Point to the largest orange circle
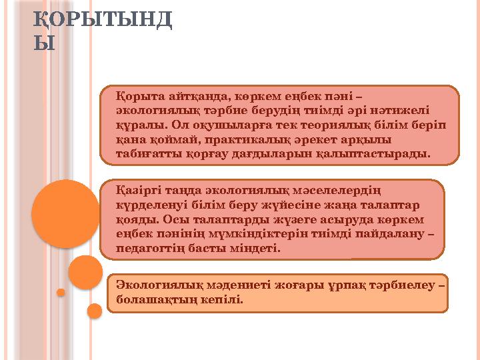tap(65, 213)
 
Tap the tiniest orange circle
tap(61, 292)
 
